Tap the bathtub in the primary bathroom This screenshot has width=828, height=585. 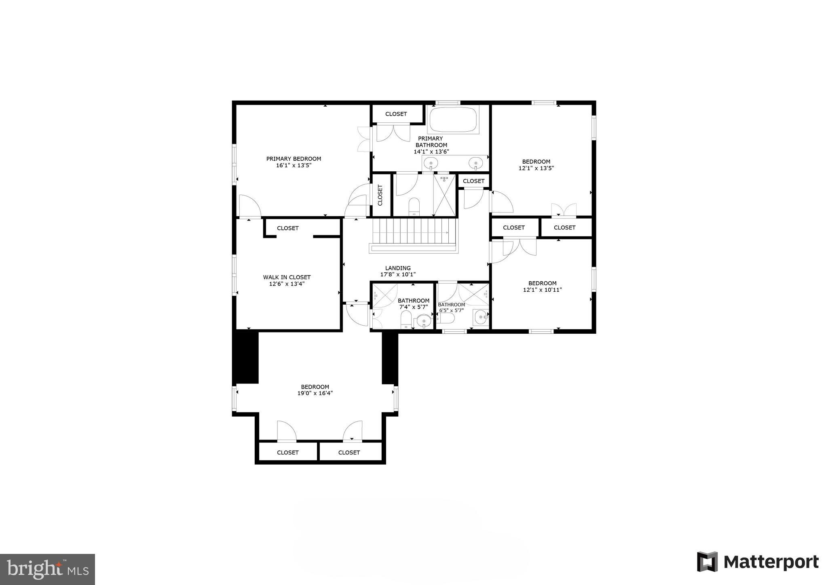pos(453,120)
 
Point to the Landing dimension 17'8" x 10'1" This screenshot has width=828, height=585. pos(398,274)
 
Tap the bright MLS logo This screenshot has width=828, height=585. pos(47,569)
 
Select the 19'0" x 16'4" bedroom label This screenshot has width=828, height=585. pos(315,390)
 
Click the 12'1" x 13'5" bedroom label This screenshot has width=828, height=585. pos(536,165)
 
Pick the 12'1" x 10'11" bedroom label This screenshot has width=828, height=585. pos(542,286)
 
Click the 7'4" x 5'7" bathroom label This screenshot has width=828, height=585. pos(413,304)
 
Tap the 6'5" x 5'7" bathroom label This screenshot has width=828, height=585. pos(451,307)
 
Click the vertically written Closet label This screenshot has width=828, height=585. pos(380,195)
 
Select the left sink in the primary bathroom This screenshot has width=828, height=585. pos(431,164)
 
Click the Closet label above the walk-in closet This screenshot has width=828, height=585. pos(288,228)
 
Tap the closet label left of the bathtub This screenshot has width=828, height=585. pos(396,114)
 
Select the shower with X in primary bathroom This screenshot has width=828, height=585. pos(444,196)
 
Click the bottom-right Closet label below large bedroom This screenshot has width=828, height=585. pos(349,452)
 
